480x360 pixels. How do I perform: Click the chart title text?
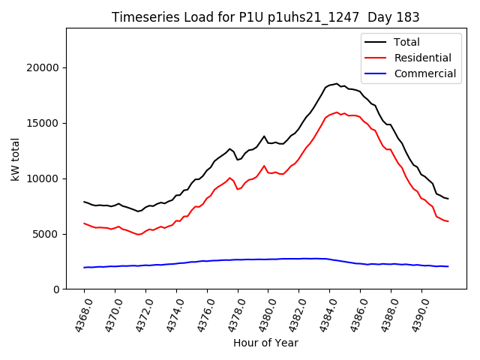tap(265, 17)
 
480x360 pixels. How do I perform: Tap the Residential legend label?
tap(422, 58)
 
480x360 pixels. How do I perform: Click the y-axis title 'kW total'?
tap(15, 159)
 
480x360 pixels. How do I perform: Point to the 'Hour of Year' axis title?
tap(265, 343)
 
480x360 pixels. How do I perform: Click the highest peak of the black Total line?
tap(337, 84)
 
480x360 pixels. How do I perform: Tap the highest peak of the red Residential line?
tap(337, 112)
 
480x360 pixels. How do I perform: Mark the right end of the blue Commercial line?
tap(448, 266)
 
